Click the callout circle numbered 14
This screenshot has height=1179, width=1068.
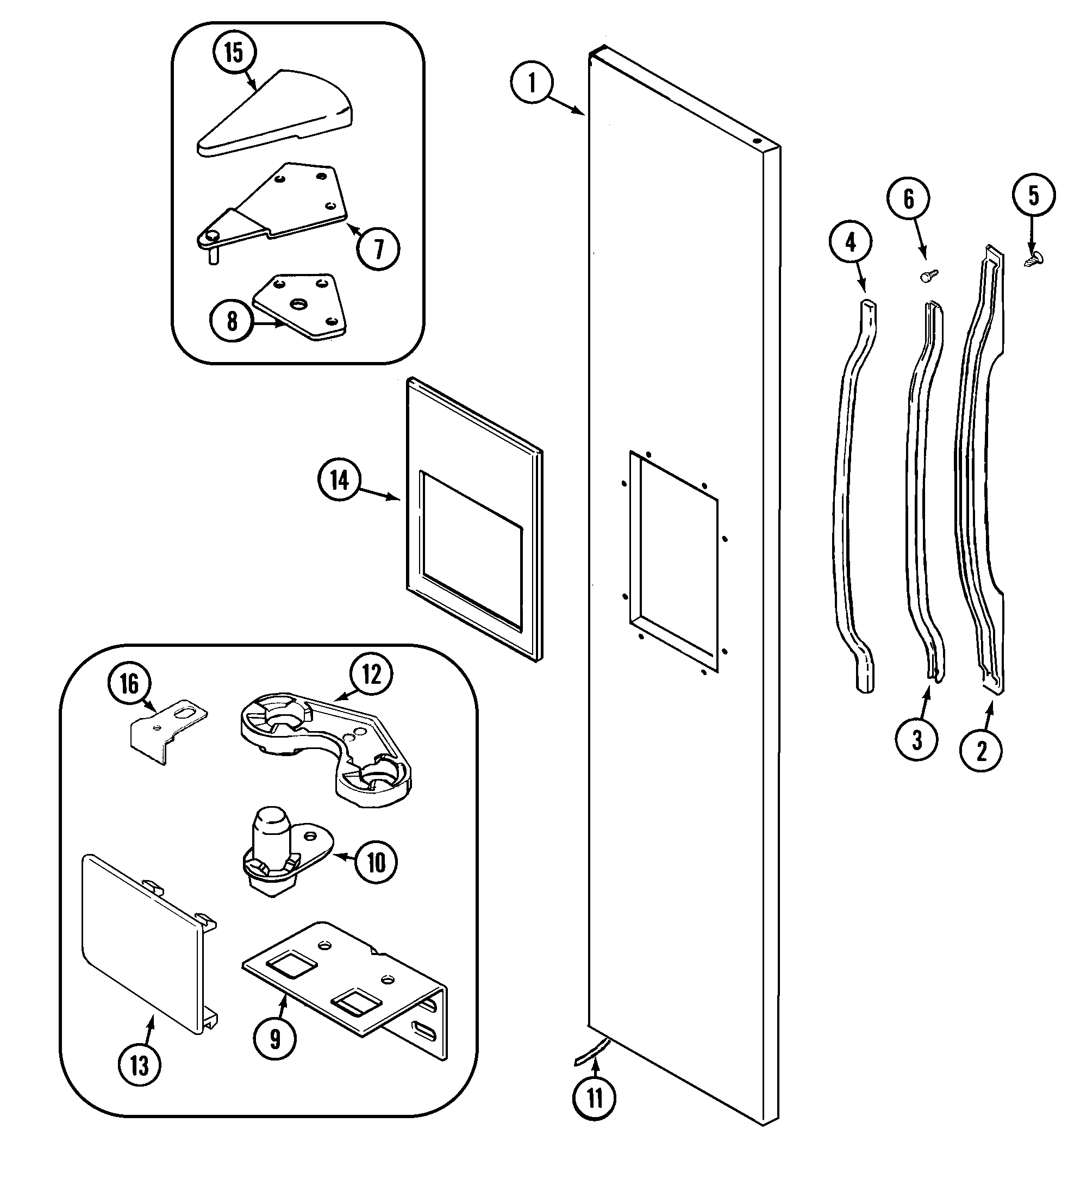(x=339, y=480)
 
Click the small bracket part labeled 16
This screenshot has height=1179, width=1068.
(x=167, y=731)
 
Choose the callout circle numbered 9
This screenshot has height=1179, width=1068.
(x=274, y=1039)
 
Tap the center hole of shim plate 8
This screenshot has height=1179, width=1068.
(x=299, y=304)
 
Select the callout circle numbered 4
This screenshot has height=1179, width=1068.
(x=851, y=242)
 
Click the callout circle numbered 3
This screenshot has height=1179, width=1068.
(x=916, y=740)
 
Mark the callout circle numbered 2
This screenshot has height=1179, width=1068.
(x=982, y=750)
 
